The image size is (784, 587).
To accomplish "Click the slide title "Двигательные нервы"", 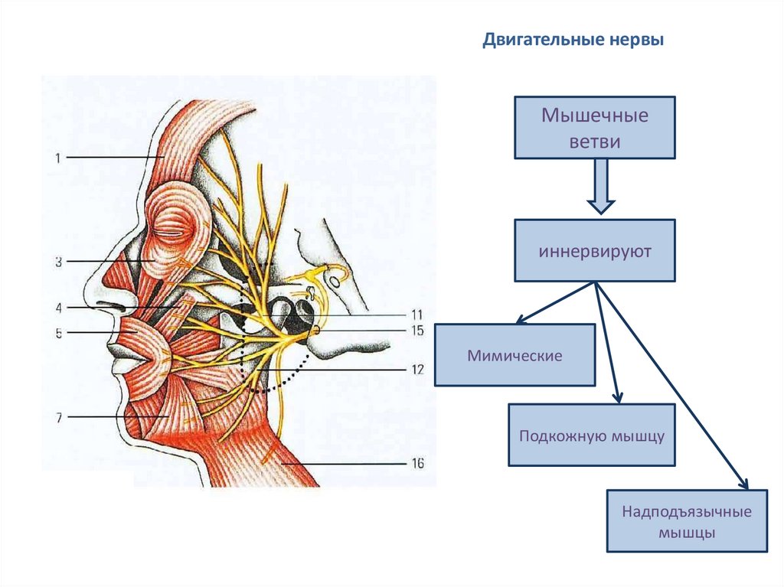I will tap(573, 40).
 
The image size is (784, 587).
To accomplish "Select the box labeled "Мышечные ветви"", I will tap(595, 128).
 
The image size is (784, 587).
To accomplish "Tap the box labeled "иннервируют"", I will tap(595, 251).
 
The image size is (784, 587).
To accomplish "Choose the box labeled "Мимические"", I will tap(514, 355).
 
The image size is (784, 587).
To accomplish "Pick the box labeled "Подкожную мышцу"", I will tap(592, 435).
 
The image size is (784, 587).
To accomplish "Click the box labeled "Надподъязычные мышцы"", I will tap(687, 521).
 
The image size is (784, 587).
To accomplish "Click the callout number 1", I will tap(57, 158).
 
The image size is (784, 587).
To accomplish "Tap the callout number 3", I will tap(57, 262).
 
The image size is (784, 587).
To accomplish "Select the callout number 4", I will tap(57, 308).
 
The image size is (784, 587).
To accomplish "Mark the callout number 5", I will tap(57, 333).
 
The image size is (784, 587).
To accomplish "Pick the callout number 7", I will tap(57, 417).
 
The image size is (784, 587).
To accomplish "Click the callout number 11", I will tap(416, 315).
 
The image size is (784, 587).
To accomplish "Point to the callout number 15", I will tap(416, 331).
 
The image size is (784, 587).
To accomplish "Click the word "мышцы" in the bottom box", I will tap(687, 533).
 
